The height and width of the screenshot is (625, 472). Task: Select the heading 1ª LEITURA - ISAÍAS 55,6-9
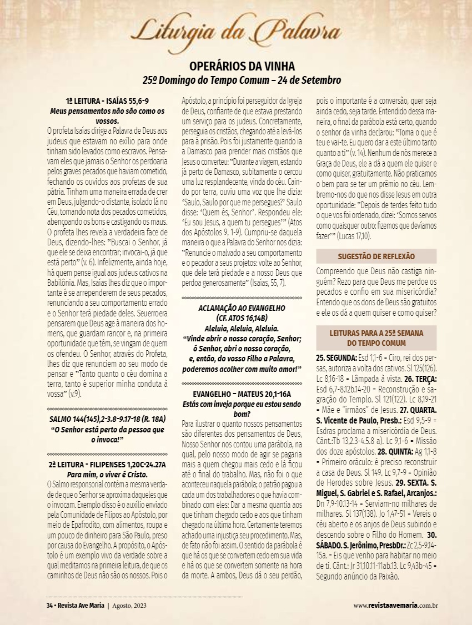107,102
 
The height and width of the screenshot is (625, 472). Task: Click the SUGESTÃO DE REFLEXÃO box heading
376,256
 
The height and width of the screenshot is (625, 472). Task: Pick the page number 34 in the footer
49,605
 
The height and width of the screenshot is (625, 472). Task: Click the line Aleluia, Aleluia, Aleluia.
242,328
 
